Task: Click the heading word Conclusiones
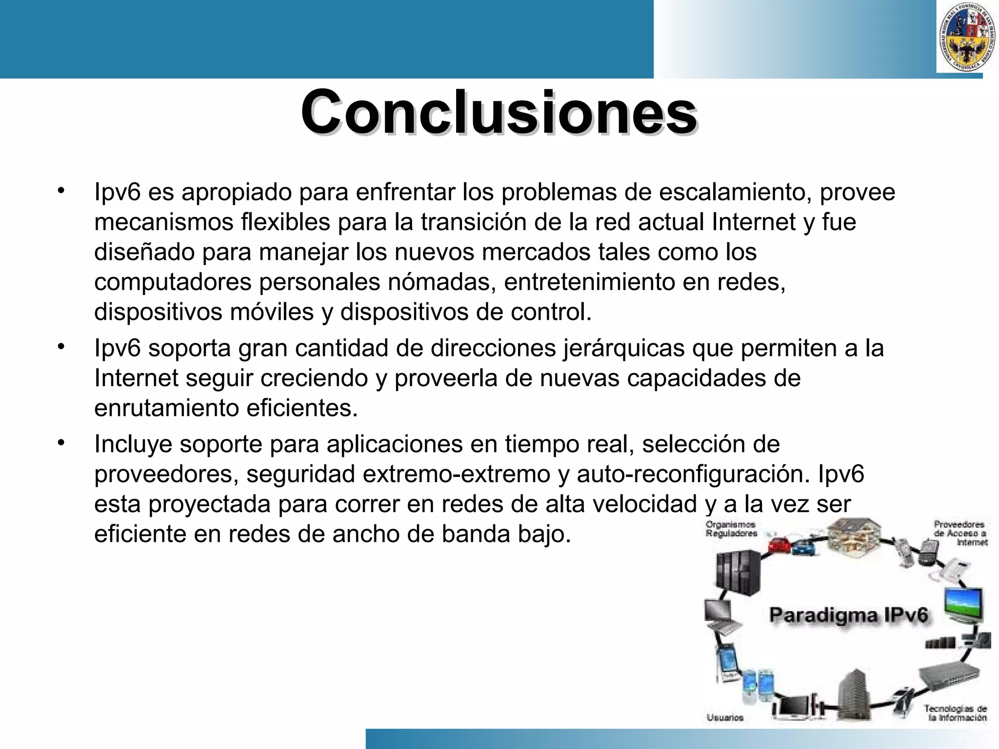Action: (499, 113)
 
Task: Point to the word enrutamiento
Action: (166, 408)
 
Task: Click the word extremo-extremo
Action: (457, 474)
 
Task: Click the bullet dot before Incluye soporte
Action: (60, 443)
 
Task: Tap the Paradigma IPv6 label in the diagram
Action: (848, 615)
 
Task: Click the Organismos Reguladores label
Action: (731, 529)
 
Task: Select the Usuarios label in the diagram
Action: (725, 717)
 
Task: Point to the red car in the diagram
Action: (779, 545)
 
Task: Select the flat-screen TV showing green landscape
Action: (963, 605)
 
